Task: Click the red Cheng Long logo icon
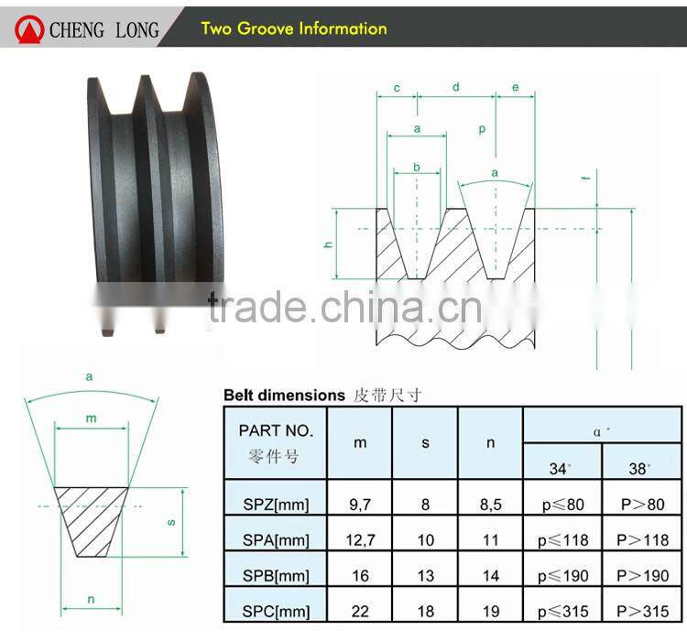31,29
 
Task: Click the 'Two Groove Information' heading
294,28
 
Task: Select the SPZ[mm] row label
274,504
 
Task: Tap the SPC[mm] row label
274,611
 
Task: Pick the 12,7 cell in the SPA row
360,540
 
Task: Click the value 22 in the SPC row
360,611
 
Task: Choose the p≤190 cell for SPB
562,576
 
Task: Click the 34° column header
560,467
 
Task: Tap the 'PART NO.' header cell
276,442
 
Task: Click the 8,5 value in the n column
490,504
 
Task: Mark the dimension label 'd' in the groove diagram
456,87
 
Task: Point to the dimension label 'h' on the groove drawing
328,244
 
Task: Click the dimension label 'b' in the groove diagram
417,167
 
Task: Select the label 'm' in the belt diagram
91,418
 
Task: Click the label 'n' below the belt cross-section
91,600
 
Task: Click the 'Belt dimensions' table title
284,395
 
